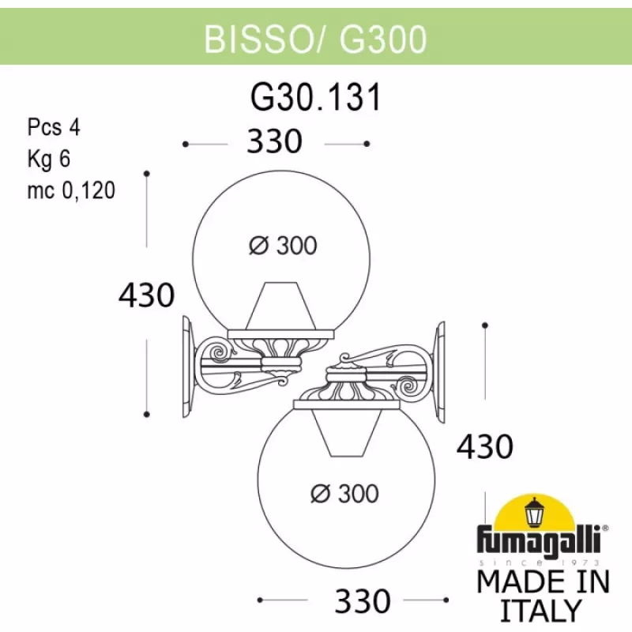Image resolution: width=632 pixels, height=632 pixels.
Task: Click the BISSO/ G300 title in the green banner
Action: [315, 38]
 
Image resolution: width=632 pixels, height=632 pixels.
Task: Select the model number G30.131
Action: [315, 98]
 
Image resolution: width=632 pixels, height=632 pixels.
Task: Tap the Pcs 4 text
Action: [55, 127]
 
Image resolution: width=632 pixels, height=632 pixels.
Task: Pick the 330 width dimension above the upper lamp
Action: [275, 142]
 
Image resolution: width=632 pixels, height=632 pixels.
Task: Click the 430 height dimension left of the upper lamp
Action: [146, 295]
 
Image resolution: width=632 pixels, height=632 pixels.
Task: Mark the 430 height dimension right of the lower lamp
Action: [485, 447]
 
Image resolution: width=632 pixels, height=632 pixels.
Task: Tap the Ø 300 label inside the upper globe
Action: [283, 246]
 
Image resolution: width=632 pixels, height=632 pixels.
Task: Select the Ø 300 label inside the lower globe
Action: [344, 494]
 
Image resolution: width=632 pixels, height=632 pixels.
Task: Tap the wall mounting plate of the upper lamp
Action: [189, 367]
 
